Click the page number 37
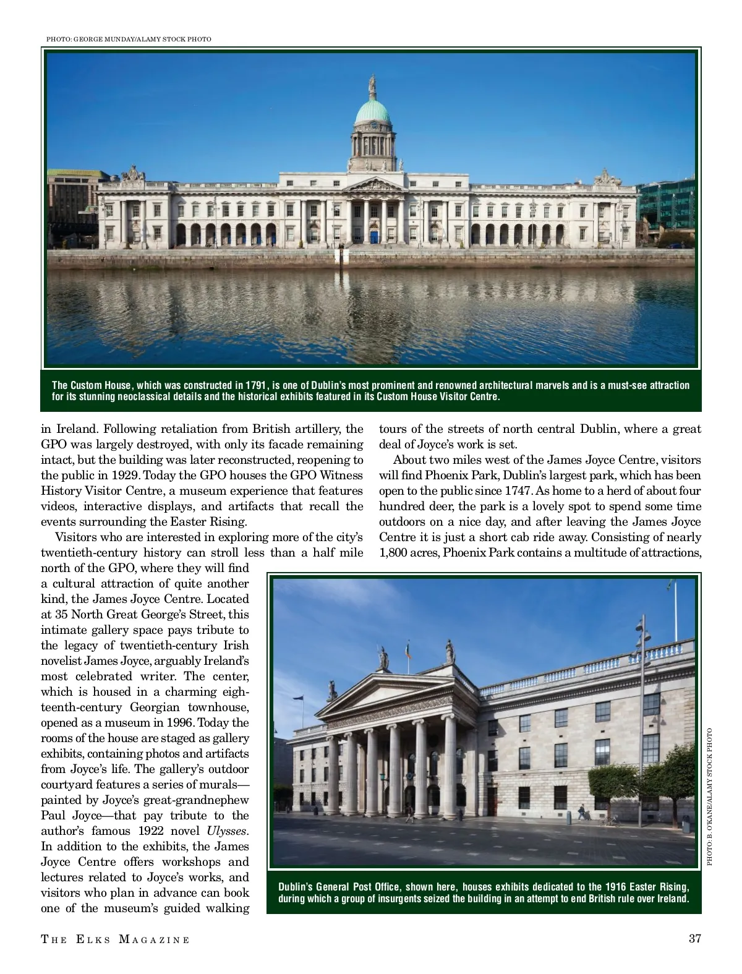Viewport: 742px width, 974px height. pos(694,939)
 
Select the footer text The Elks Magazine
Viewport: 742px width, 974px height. pos(116,939)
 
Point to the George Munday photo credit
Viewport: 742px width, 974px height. pos(129,39)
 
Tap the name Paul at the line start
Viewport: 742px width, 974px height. pos(53,815)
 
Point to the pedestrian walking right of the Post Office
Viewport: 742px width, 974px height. pos(581,811)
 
